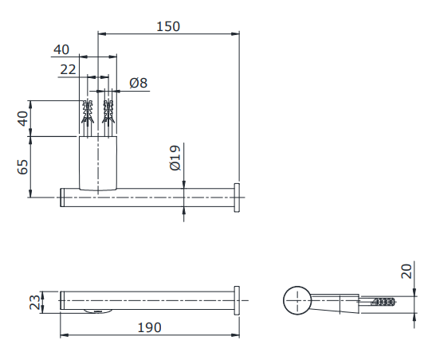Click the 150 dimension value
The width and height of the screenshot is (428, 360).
(x=168, y=27)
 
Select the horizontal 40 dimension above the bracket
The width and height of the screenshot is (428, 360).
(x=61, y=49)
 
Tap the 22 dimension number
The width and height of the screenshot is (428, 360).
(x=68, y=69)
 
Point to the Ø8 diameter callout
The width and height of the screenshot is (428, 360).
(x=139, y=83)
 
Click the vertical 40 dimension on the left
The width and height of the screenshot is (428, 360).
(x=23, y=119)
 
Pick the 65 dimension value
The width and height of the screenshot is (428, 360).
(x=22, y=167)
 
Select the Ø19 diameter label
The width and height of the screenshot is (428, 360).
(x=175, y=158)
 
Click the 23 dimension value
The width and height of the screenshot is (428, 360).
(x=35, y=302)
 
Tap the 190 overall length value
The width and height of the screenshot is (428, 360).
(x=149, y=327)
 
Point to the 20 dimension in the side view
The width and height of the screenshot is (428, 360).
(x=406, y=271)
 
